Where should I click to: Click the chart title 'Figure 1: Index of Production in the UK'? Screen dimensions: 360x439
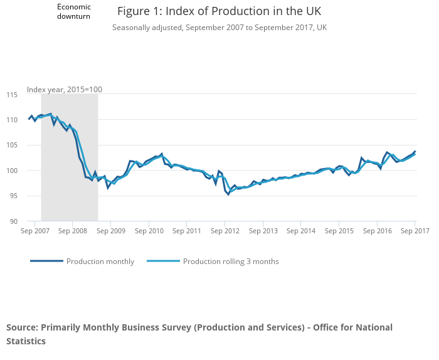point(219,12)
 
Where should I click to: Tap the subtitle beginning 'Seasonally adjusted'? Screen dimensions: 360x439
point(219,28)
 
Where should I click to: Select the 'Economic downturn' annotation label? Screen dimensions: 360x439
point(74,11)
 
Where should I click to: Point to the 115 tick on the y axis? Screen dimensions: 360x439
point(12,95)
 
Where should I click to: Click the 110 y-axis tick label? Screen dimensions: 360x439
point(12,120)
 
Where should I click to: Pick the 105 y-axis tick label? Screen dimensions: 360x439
point(12,146)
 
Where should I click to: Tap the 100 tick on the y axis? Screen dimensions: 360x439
point(12,171)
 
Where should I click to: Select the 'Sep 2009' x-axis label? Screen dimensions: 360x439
point(110,231)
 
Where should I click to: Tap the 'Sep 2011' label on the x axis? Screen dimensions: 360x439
point(186,231)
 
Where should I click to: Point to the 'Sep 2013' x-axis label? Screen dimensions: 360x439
point(263,231)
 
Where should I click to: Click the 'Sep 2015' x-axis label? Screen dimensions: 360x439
point(339,231)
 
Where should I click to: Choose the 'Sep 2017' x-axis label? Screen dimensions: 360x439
point(415,231)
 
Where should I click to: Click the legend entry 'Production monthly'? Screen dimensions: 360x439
point(100,262)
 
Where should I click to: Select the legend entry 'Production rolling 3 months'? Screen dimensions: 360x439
point(230,262)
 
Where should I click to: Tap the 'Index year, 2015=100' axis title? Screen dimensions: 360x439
point(65,90)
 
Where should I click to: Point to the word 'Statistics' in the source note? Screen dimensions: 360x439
point(26,341)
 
